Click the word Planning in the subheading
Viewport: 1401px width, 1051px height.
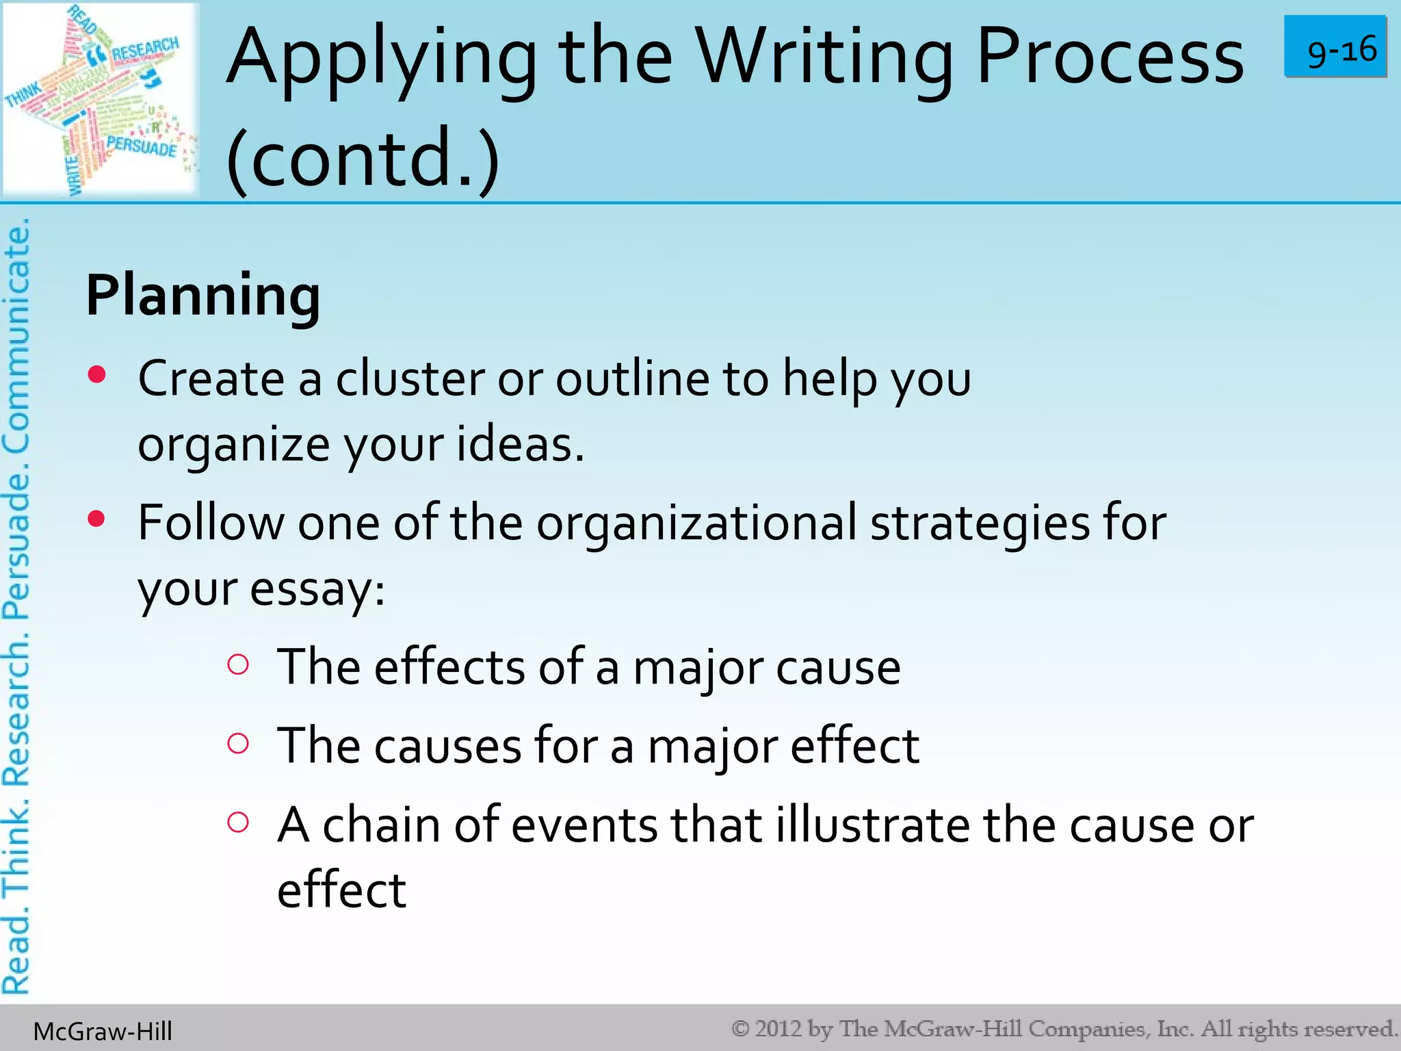click(x=203, y=296)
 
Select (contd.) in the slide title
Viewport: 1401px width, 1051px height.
click(x=363, y=157)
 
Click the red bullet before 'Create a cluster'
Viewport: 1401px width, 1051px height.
click(x=97, y=374)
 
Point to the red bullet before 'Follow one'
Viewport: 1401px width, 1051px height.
click(x=96, y=519)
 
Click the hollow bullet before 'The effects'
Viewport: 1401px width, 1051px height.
click(x=237, y=664)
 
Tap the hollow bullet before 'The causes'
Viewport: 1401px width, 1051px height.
click(x=237, y=743)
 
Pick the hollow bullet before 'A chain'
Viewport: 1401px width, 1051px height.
click(x=237, y=822)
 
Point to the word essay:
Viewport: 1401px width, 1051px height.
click(x=317, y=588)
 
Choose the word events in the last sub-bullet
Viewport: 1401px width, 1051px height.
click(x=584, y=825)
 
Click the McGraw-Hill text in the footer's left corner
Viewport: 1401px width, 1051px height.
click(x=103, y=1031)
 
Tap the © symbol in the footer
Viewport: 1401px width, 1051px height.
click(x=740, y=1028)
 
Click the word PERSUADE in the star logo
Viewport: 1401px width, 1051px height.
click(x=141, y=146)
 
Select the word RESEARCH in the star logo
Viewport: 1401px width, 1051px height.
click(x=145, y=49)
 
